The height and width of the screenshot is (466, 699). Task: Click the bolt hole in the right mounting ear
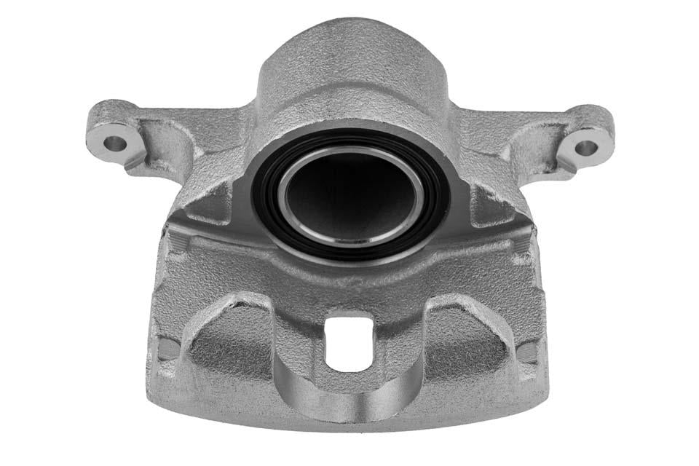(x=585, y=147)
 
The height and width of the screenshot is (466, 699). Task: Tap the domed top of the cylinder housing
(x=348, y=51)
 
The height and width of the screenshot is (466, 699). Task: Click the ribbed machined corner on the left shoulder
(x=175, y=244)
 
